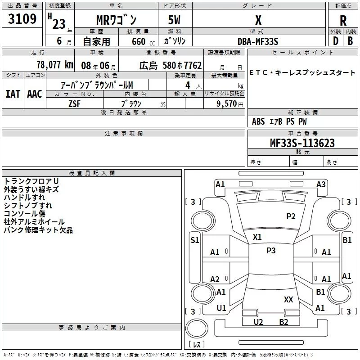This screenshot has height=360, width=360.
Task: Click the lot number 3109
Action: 22,19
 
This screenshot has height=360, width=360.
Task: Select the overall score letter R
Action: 343,21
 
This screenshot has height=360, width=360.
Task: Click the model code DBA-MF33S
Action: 258,41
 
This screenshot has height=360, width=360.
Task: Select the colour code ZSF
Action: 75,103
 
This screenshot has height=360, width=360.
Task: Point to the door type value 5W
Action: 175,20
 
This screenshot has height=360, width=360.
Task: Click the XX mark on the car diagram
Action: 288,299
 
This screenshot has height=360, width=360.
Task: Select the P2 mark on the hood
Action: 291,216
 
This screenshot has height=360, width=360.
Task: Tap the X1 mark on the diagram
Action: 257,237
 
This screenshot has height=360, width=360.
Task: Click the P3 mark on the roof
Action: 271,251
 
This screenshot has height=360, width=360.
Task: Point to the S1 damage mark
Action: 194,240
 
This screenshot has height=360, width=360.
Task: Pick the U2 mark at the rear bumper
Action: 258,322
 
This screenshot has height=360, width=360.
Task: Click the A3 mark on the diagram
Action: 321,184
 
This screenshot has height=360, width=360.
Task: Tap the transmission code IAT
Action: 13,94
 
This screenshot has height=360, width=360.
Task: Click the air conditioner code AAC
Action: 34,94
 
